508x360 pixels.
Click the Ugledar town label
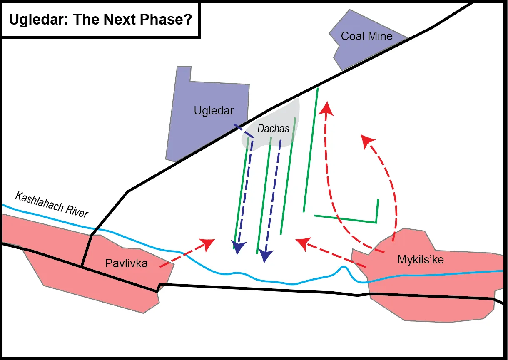[x=214, y=111]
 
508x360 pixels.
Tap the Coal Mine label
[x=366, y=36]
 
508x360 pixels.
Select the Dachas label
[x=273, y=129]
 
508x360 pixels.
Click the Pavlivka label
[x=126, y=263]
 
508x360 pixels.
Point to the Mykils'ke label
[x=421, y=260]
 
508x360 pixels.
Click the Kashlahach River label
[x=52, y=205]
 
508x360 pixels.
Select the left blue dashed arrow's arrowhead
[x=238, y=248]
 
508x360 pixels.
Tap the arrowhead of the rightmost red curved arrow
[x=367, y=140]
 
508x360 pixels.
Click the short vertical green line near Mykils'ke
[x=378, y=210]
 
